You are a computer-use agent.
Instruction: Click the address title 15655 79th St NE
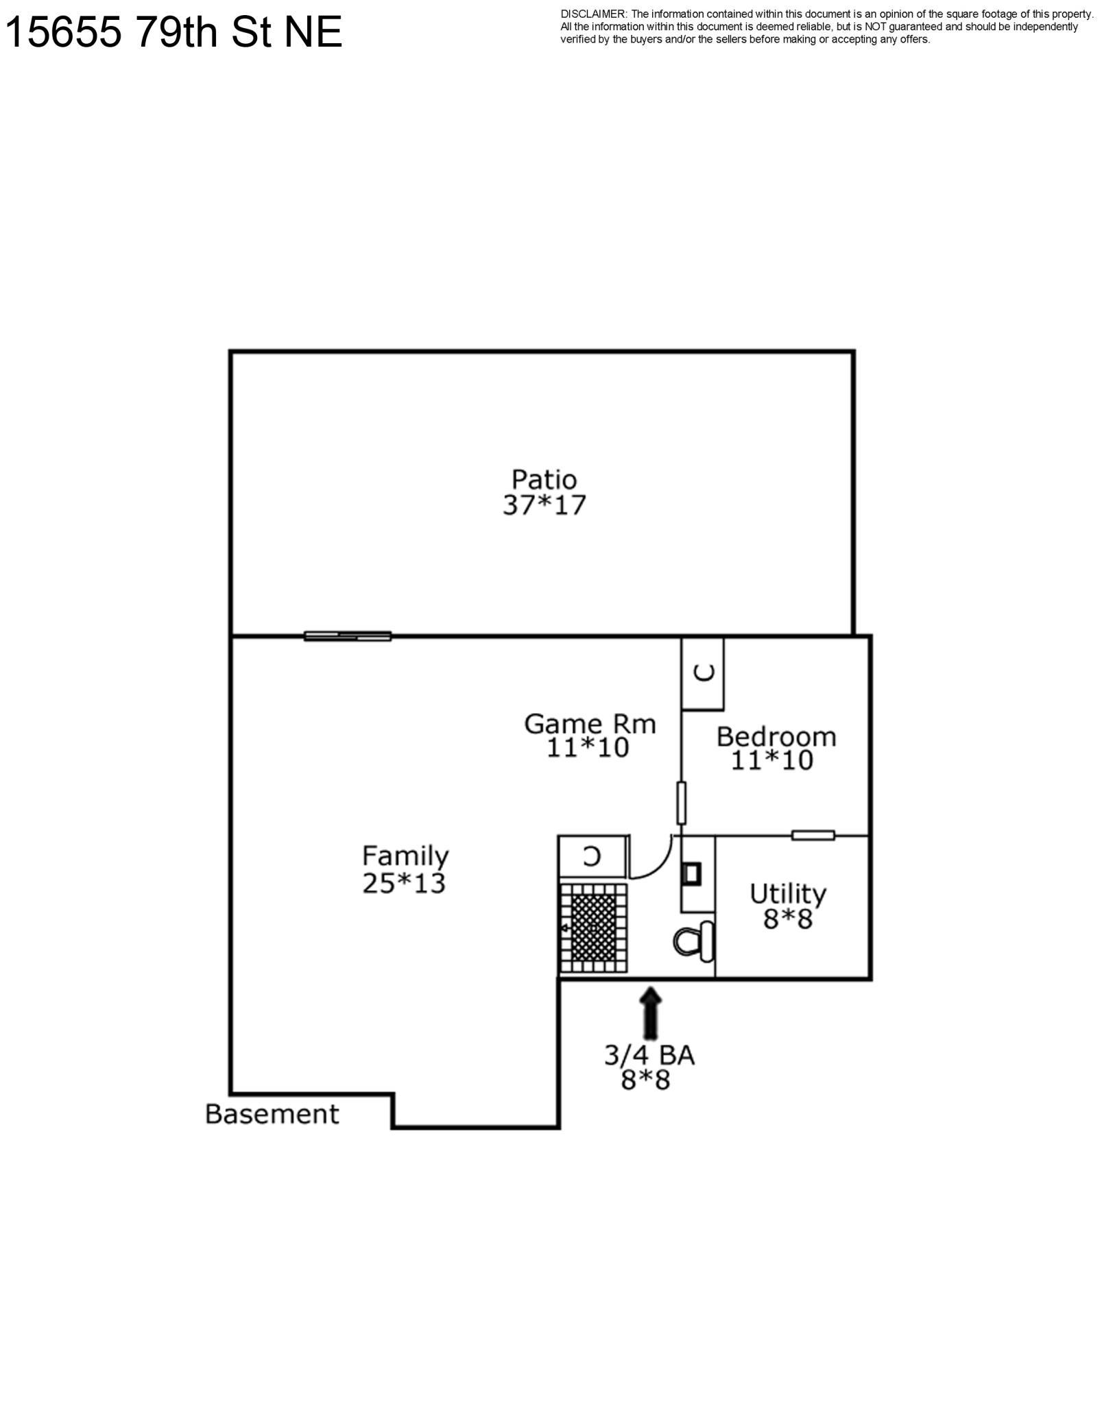pos(173,32)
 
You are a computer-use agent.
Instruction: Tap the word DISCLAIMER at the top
pos(593,14)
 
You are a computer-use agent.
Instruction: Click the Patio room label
pos(544,479)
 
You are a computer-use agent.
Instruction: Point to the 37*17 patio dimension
pos(544,505)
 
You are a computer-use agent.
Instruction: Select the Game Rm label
pos(590,723)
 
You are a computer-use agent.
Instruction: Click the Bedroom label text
pos(776,737)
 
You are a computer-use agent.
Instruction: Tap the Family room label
pos(405,856)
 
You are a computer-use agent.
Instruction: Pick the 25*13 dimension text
pos(404,884)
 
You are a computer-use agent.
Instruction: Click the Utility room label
pos(788,895)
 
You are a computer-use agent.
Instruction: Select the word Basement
pos(272,1114)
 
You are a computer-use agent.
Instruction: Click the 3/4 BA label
pos(649,1055)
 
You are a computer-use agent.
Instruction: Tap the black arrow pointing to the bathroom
pos(651,1013)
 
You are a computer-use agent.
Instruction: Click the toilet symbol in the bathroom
pos(694,941)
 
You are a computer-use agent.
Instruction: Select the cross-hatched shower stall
pos(593,928)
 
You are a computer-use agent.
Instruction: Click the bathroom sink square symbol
pos(692,873)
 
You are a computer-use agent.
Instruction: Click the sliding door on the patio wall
pos(348,636)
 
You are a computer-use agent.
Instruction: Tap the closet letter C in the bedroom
pos(704,673)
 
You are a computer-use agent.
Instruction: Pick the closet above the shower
pos(594,856)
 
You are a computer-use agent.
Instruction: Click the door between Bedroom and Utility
pos(813,835)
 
